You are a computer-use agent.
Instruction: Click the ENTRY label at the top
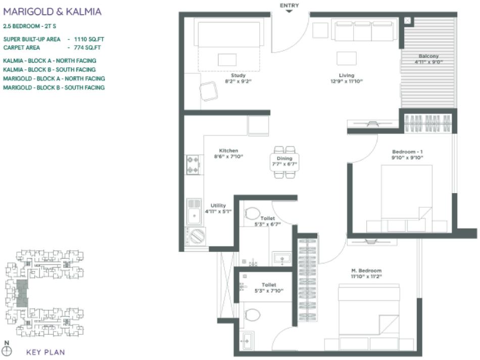click(289, 6)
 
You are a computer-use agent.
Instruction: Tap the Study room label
click(238, 75)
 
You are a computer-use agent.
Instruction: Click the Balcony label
click(428, 56)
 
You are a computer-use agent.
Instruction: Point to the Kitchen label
click(228, 150)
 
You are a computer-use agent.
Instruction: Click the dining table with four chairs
click(284, 162)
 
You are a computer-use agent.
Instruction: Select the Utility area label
click(218, 205)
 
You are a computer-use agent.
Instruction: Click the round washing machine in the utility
click(198, 236)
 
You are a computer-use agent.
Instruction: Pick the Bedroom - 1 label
click(407, 152)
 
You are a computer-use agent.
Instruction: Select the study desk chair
click(209, 92)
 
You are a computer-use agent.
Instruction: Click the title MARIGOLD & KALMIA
click(52, 11)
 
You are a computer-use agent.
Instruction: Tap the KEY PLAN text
click(45, 352)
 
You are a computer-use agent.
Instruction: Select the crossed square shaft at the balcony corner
click(408, 21)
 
